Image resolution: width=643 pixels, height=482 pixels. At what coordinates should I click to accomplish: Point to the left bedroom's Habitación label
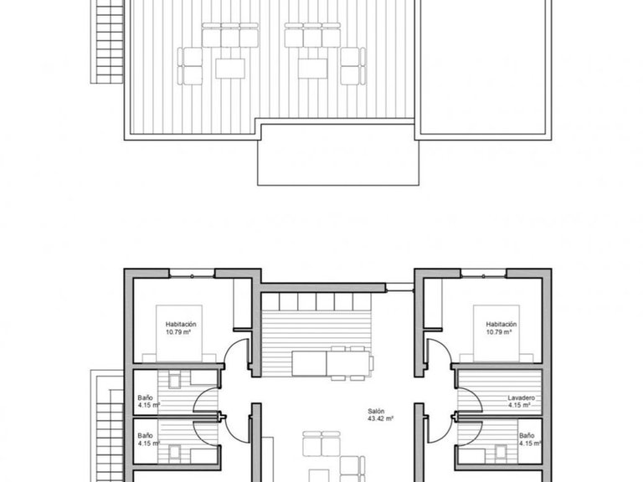point(181,324)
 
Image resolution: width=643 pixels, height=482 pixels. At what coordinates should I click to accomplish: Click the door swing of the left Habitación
point(237,351)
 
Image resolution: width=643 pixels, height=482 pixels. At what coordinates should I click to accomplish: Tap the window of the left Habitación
point(193,274)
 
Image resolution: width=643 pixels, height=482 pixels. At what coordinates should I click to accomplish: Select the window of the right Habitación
point(483,274)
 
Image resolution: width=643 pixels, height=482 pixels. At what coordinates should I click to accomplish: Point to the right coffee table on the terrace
point(314,68)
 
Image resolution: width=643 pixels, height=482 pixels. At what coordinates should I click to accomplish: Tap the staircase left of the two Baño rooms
point(106,427)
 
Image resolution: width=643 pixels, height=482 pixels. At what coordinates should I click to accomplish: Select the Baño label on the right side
point(527,436)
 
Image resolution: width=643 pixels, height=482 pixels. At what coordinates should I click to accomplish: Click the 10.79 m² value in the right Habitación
point(501,331)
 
